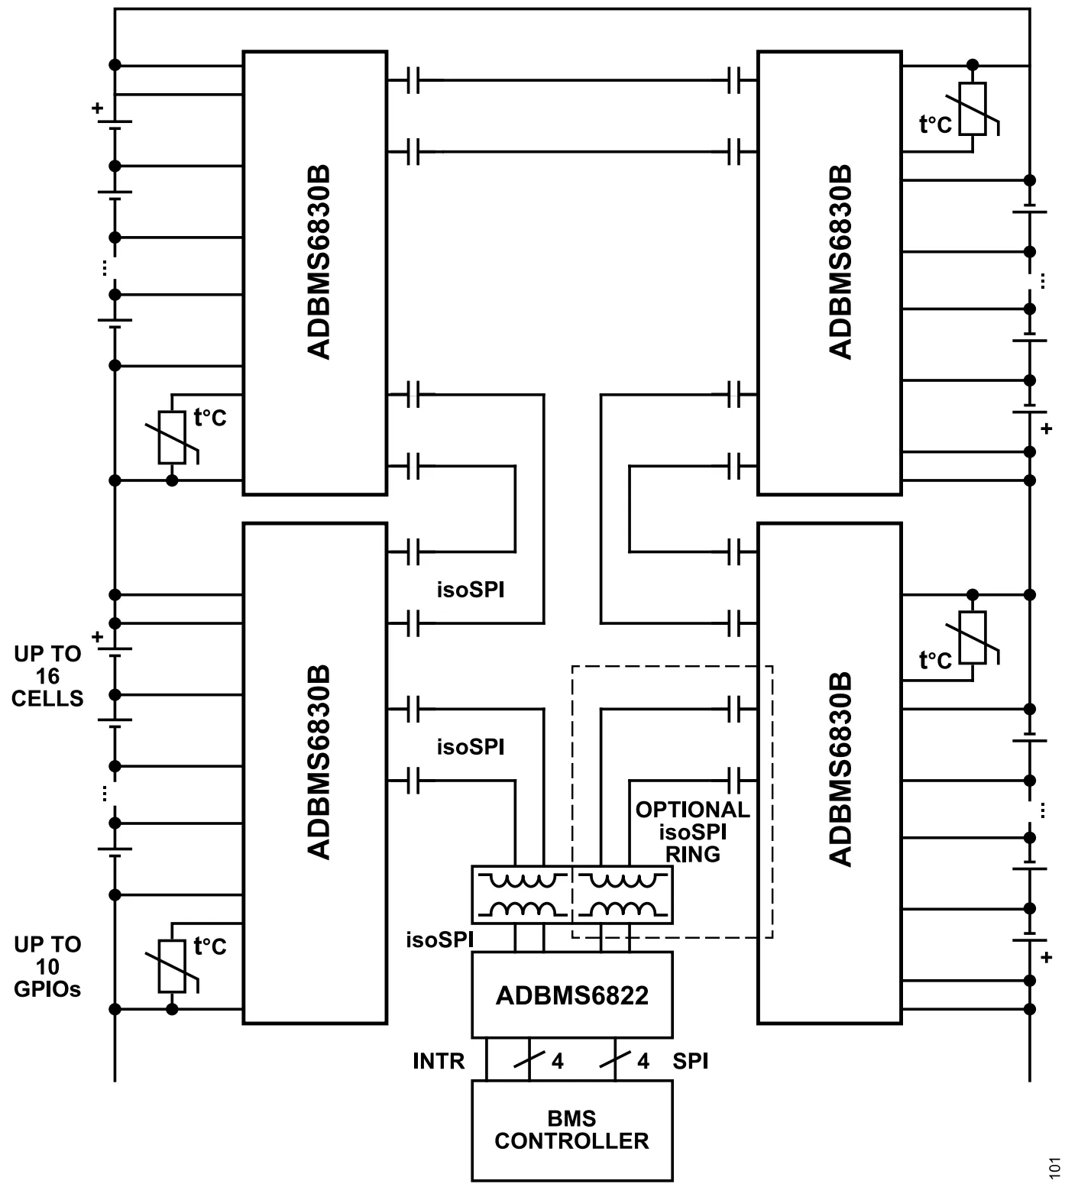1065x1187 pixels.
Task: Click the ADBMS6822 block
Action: [571, 995]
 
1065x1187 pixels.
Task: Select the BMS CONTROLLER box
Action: [571, 1130]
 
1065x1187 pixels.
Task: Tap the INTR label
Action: [439, 1061]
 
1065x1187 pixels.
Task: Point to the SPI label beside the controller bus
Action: [690, 1061]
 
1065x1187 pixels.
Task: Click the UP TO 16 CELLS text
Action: [47, 676]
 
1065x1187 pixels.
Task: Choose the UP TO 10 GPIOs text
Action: [47, 966]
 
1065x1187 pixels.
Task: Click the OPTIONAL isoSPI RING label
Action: [692, 832]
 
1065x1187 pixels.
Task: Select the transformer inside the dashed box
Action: [623, 894]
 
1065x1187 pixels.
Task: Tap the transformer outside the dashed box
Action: [522, 894]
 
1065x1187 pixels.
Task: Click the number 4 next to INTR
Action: [557, 1062]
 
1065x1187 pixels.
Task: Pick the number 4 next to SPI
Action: [643, 1062]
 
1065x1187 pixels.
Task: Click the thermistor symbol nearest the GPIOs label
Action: [172, 966]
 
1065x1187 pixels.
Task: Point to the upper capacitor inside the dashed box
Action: [735, 709]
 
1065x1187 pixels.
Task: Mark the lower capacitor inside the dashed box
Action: [735, 781]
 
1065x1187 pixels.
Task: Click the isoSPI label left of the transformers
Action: [439, 940]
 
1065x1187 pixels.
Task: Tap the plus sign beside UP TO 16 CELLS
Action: [97, 636]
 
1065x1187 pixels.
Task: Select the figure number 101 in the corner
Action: [1054, 1168]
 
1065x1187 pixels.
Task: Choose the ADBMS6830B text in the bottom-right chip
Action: [840, 768]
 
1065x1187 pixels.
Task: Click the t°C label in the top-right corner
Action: [935, 125]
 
